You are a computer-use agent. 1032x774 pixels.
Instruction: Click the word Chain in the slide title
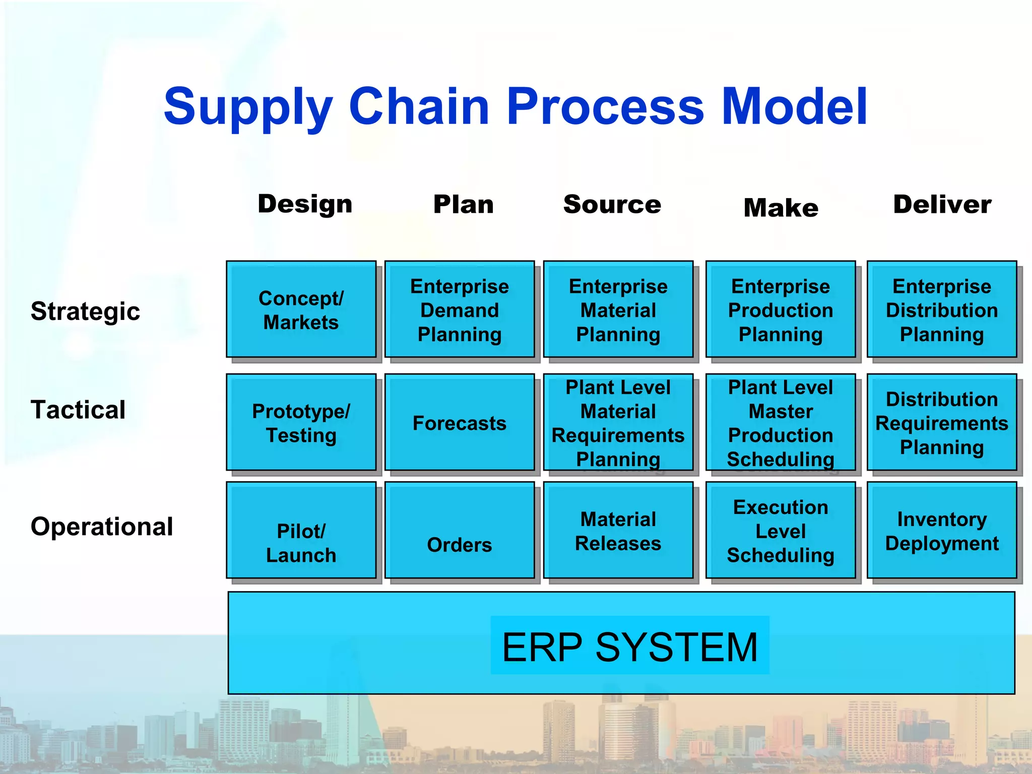[x=419, y=106]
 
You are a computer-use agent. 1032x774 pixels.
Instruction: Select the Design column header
[x=305, y=204]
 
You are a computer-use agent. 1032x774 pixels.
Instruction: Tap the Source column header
[x=612, y=204]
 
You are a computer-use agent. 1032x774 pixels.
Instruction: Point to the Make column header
[x=781, y=208]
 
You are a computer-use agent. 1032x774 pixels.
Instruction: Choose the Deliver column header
[x=942, y=204]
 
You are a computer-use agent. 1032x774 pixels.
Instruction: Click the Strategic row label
[x=85, y=311]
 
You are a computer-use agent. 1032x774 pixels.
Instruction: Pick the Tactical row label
[x=78, y=409]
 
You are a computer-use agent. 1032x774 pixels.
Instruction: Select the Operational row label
[x=102, y=527]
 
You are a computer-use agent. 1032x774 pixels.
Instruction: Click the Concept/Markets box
[x=301, y=309]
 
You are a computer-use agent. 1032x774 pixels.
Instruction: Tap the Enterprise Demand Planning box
[x=459, y=309]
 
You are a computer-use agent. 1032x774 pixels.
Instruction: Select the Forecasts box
[x=459, y=422]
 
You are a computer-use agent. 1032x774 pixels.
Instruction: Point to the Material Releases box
[x=618, y=530]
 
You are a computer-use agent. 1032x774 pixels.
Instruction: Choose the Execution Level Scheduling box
[x=780, y=530]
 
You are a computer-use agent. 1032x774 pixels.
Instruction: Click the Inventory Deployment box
[x=941, y=530]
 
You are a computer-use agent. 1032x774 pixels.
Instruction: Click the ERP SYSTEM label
[x=630, y=647]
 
